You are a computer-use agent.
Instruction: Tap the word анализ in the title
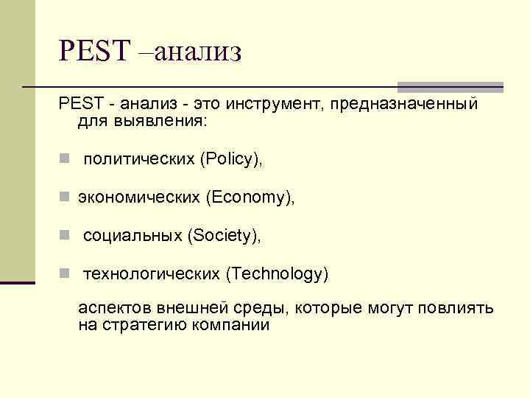pos(198,52)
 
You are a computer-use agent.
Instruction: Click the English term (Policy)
pos(231,160)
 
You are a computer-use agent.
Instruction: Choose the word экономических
pos(140,198)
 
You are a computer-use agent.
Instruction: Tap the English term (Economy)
pos(251,198)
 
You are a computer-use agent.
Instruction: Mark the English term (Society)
pos(224,236)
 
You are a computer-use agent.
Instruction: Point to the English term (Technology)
pos(277,274)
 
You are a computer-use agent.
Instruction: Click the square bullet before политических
pos(65,160)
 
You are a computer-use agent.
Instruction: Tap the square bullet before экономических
pos(65,198)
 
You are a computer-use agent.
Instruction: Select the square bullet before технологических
pos(65,274)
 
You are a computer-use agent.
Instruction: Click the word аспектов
pos(114,307)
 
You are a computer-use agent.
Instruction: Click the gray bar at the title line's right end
pos(450,87)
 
